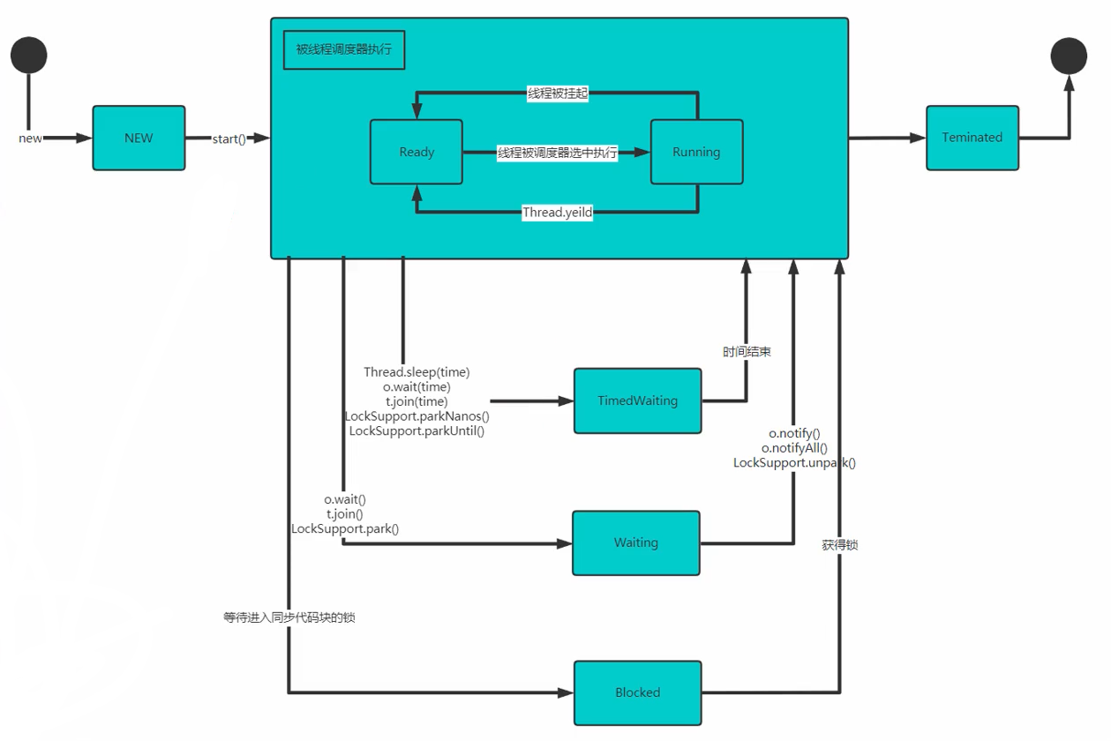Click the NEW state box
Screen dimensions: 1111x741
pyautogui.click(x=139, y=138)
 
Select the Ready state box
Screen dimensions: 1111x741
pyautogui.click(x=417, y=152)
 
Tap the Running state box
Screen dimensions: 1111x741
pyautogui.click(x=696, y=152)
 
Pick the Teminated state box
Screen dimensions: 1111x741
pyautogui.click(x=972, y=138)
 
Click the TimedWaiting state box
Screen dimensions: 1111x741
pyautogui.click(x=637, y=400)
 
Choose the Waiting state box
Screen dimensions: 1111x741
pyautogui.click(x=636, y=543)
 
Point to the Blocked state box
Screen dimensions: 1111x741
pyautogui.click(x=637, y=692)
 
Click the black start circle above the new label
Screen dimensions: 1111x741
pyautogui.click(x=29, y=55)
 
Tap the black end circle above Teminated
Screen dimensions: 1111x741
pyautogui.click(x=1069, y=56)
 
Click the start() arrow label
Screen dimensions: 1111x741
pyautogui.click(x=229, y=139)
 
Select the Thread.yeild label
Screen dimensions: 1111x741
pyautogui.click(x=558, y=213)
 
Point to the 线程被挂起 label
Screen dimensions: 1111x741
pyautogui.click(x=558, y=94)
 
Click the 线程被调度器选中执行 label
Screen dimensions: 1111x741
pyautogui.click(x=558, y=153)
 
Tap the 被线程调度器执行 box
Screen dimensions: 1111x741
pyautogui.click(x=344, y=49)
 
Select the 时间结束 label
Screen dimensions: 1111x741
pyautogui.click(x=747, y=352)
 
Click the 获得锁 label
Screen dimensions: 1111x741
pyautogui.click(x=840, y=545)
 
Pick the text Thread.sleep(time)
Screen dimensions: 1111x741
pyautogui.click(x=417, y=372)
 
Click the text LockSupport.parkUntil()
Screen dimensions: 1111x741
pyautogui.click(x=417, y=430)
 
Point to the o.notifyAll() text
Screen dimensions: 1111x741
pyautogui.click(x=794, y=448)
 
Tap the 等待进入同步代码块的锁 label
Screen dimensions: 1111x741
pyautogui.click(x=289, y=617)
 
